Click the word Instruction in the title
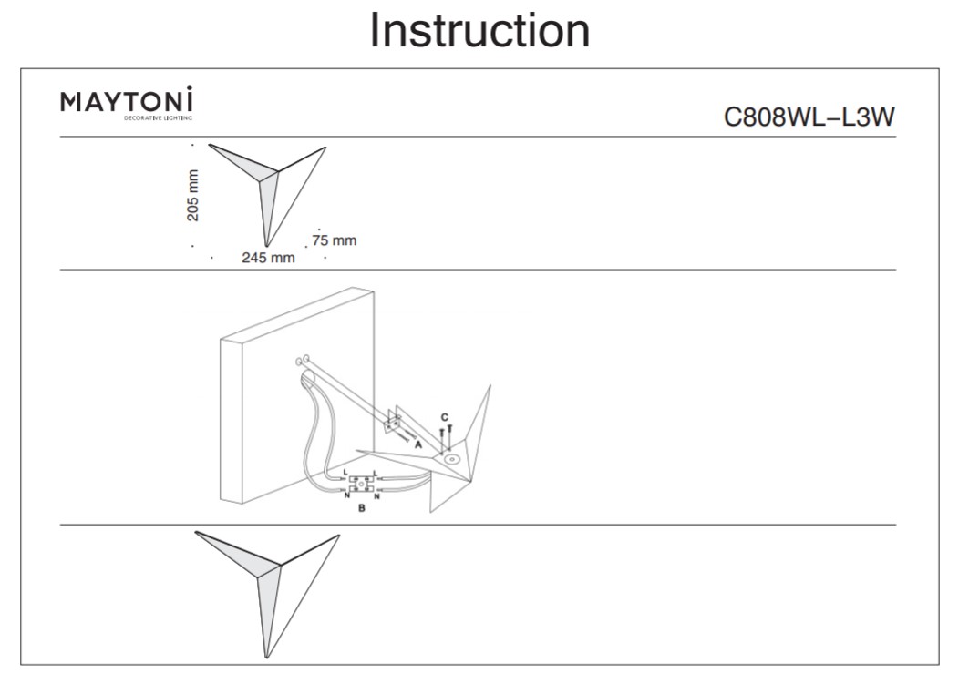[479, 30]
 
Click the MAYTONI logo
[127, 100]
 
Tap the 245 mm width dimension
[268, 258]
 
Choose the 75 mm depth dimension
[334, 240]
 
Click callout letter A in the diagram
[418, 445]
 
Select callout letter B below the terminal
[362, 508]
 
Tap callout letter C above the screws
[445, 417]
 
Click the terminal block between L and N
[361, 485]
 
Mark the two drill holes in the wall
[303, 361]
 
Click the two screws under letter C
[446, 434]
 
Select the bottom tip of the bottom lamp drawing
[266, 656]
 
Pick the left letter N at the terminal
[346, 495]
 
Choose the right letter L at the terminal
[376, 473]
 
